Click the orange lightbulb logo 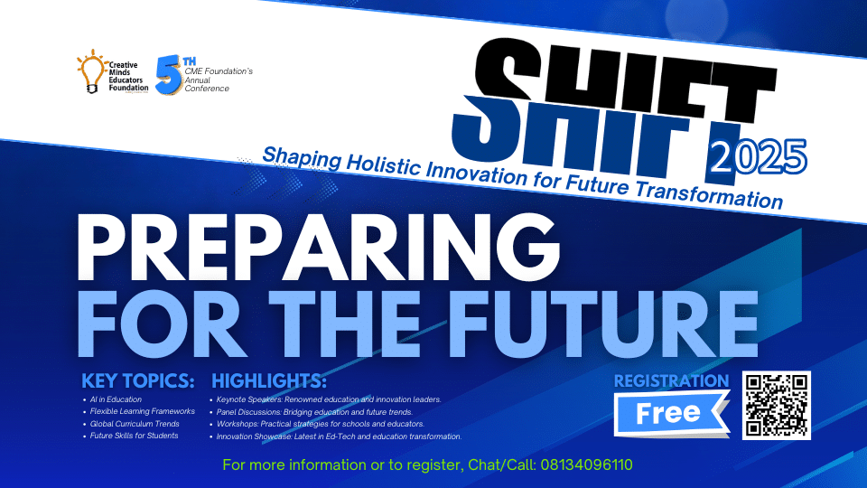click(x=92, y=71)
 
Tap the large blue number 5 click(x=169, y=75)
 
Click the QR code click(x=777, y=405)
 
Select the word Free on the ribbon click(x=668, y=413)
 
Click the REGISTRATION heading click(x=671, y=380)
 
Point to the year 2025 click(x=758, y=156)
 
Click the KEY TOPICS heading click(x=137, y=380)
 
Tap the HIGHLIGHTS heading click(x=269, y=380)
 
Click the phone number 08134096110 click(x=587, y=465)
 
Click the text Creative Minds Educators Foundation click(x=128, y=76)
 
